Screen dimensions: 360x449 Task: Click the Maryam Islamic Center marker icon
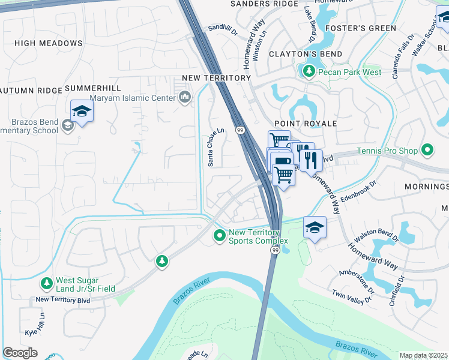tap(184, 97)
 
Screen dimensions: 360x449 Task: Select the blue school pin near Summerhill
tap(82, 111)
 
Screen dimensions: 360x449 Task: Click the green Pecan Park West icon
tap(309, 72)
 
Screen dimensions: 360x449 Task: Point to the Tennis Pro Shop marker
tap(427, 149)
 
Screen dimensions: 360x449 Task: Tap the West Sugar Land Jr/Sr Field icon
tap(46, 283)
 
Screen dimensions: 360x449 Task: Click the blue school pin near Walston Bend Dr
tap(315, 227)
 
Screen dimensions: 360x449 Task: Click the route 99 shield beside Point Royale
tap(240, 130)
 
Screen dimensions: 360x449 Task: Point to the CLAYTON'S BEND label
tap(306, 54)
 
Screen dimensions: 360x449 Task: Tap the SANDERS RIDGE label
tap(265, 4)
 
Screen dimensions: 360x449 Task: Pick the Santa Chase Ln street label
tap(211, 147)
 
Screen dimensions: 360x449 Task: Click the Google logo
tap(20, 353)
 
